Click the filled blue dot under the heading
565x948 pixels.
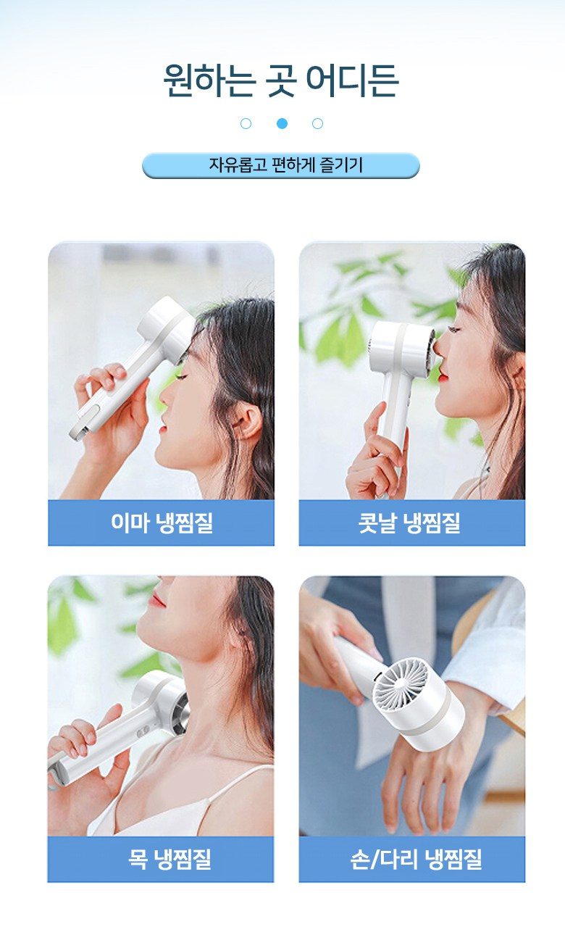[282, 123]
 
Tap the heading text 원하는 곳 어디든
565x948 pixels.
[281, 80]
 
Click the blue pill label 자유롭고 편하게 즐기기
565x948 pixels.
[281, 165]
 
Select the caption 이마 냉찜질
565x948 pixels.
[162, 523]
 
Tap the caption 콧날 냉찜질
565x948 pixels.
[409, 523]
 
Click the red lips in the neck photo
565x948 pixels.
[157, 599]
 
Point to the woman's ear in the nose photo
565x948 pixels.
[516, 373]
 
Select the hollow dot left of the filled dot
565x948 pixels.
[246, 123]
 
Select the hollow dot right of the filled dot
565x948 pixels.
[317, 123]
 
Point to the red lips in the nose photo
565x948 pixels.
[443, 373]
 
